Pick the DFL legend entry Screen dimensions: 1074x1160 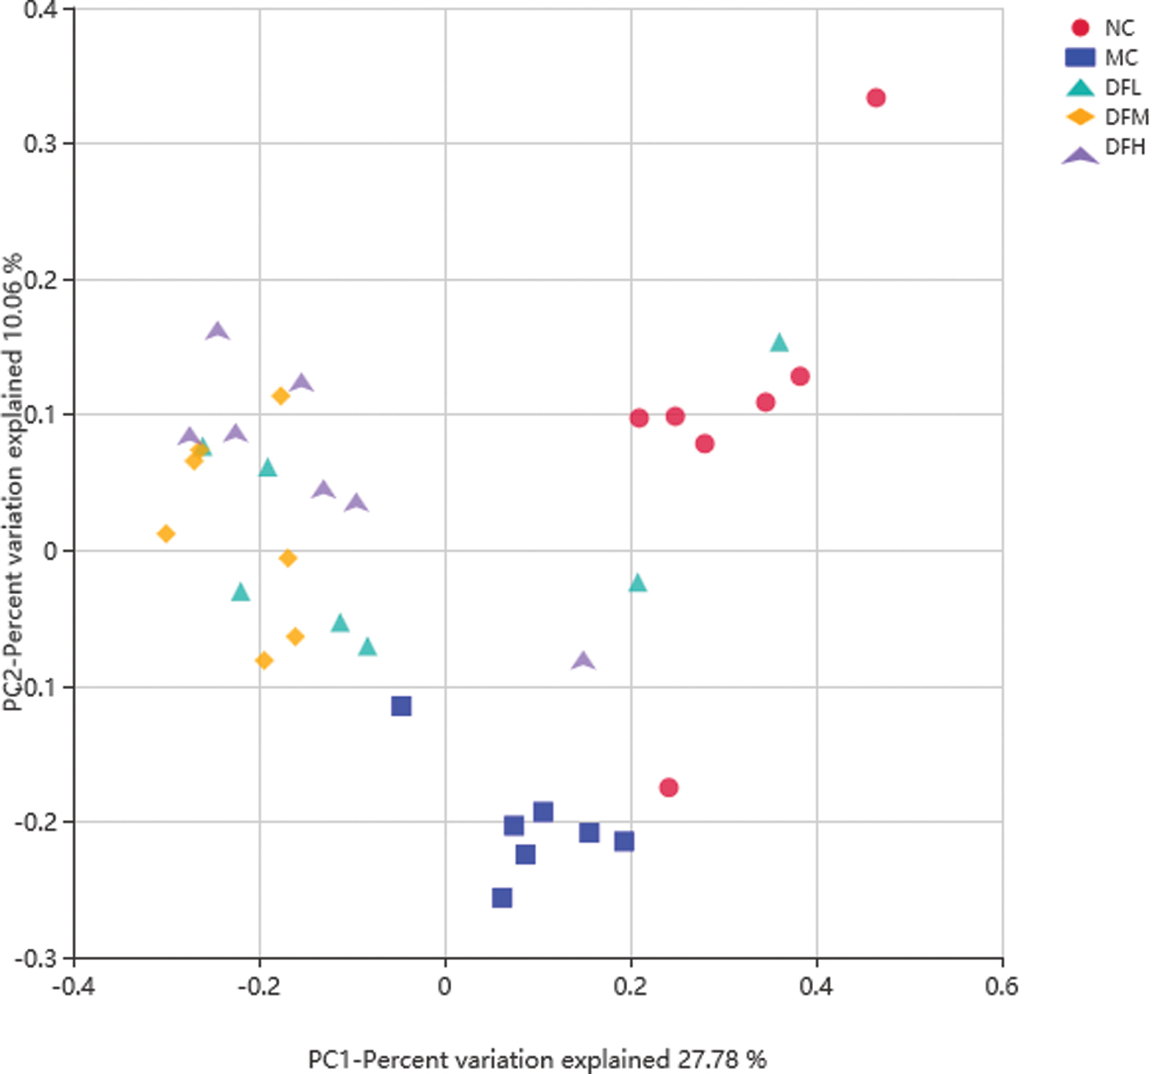(x=1105, y=87)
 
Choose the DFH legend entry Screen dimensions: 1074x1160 (x=1105, y=147)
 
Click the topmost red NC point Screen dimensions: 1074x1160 (x=876, y=98)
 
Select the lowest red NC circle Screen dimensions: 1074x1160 (x=669, y=787)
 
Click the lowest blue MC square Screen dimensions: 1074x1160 (x=502, y=898)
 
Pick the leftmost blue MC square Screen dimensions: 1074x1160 (x=401, y=706)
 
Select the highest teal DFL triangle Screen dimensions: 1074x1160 (x=779, y=343)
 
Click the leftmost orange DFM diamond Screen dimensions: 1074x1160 (x=166, y=534)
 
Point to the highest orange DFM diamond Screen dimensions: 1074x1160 (x=281, y=397)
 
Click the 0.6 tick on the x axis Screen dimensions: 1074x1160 (x=1002, y=985)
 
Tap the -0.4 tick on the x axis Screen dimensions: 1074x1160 (x=74, y=985)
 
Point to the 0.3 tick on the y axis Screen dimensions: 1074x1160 (x=40, y=144)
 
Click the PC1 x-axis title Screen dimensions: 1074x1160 (x=537, y=1058)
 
